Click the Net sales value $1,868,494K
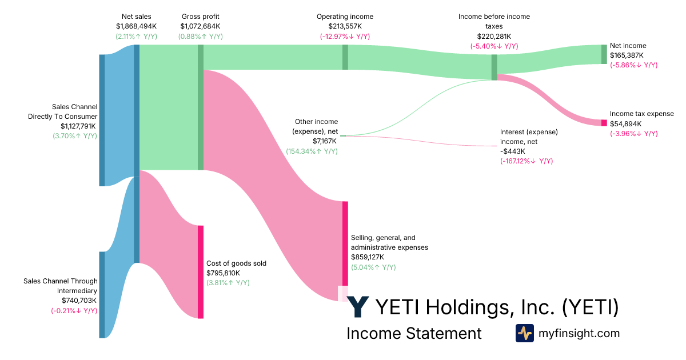coord(137,26)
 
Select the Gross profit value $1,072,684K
coord(200,26)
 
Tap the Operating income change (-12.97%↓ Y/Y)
coord(345,37)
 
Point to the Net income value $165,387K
coord(627,55)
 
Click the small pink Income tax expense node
coord(604,123)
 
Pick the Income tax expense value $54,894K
coord(625,123)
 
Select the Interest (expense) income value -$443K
coord(512,151)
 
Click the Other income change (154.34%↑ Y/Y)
coord(312,151)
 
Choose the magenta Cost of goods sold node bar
coord(201,271)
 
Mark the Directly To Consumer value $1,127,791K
coord(79,126)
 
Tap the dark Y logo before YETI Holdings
coord(358,307)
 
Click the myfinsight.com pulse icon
coord(525,333)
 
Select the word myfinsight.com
coord(579,333)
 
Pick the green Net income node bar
coord(604,54)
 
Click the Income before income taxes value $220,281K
coord(494,37)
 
